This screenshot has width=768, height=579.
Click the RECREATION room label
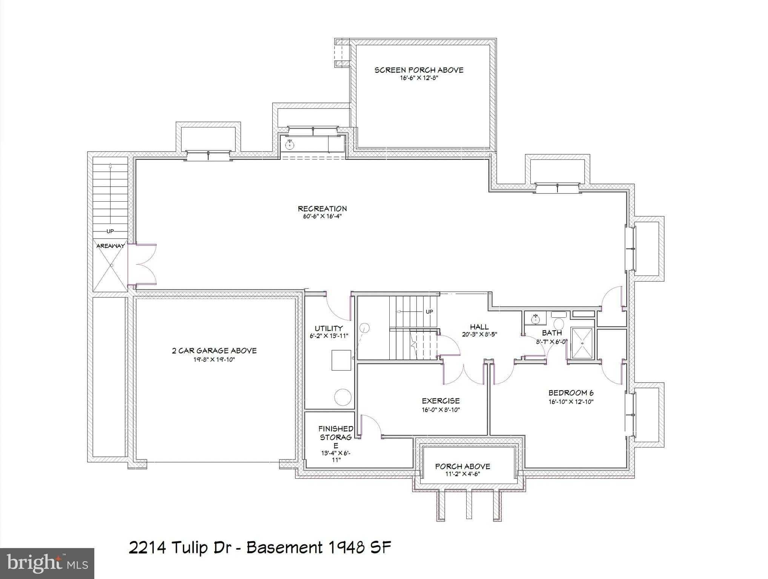click(x=322, y=208)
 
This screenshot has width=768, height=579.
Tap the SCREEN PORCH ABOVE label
click(x=419, y=70)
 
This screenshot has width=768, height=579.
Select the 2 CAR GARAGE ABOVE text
click(x=214, y=351)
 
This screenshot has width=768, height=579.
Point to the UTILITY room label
click(x=329, y=328)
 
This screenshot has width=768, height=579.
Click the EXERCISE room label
click(x=441, y=401)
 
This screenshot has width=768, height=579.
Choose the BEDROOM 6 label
click(x=571, y=393)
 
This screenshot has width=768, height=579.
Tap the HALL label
click(x=479, y=327)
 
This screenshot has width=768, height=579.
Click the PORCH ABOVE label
click(x=462, y=466)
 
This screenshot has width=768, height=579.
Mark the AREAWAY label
click(x=110, y=246)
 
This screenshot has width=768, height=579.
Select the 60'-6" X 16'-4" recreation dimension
click(x=322, y=217)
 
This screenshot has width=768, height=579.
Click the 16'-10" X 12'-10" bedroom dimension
click(x=571, y=402)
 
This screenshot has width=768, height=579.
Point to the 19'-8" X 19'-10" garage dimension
click(x=214, y=360)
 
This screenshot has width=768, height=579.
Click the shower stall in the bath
click(x=582, y=343)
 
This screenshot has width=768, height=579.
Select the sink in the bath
click(x=535, y=319)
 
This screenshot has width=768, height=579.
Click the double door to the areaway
click(x=142, y=264)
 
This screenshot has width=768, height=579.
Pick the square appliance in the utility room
click(x=341, y=360)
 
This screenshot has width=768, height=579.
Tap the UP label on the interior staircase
click(x=429, y=312)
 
